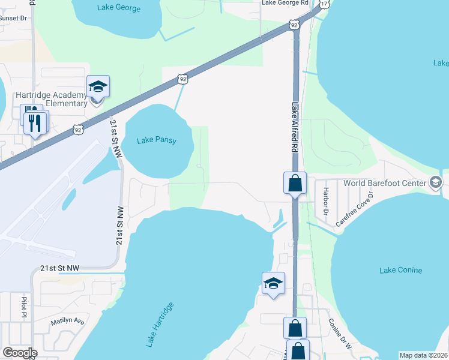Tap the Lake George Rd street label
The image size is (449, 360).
click(x=285, y=3)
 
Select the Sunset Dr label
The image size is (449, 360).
click(x=13, y=18)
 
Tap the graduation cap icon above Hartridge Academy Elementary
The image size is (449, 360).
click(x=98, y=87)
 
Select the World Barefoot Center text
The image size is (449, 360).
click(x=385, y=183)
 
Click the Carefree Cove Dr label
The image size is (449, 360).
click(x=355, y=209)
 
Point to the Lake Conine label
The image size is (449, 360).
click(x=400, y=270)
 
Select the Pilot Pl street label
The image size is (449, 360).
click(x=25, y=306)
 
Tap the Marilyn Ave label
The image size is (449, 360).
click(x=68, y=320)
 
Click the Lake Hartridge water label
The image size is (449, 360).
click(x=159, y=325)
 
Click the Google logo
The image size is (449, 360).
click(x=20, y=353)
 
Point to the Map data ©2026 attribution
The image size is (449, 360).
click(x=423, y=355)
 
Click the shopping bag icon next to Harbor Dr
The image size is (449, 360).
click(x=295, y=183)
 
